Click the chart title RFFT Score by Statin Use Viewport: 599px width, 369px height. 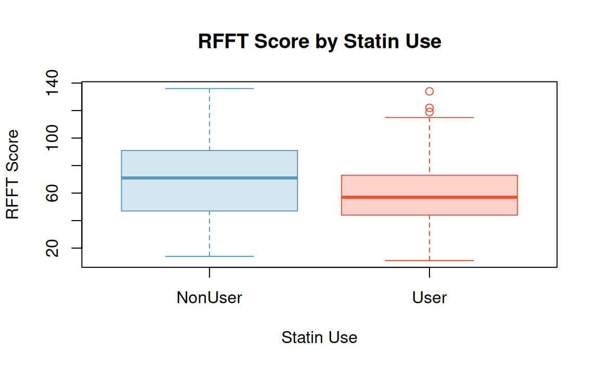coord(319,41)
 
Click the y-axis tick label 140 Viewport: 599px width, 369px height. coord(52,83)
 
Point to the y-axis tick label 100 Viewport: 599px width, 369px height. coord(52,138)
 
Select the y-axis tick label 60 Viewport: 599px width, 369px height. coord(52,193)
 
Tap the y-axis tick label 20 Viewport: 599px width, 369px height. coord(52,248)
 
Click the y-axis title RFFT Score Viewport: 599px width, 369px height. coord(12,174)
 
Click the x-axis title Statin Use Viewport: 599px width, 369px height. coord(319,337)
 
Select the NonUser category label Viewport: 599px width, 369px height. coord(210,298)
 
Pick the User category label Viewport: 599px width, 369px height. coord(429,298)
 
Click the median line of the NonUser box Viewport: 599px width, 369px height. coord(210,178)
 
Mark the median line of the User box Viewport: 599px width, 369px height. coord(429,197)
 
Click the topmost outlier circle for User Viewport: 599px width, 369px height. coord(429,91)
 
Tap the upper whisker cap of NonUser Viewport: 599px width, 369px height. coord(210,88)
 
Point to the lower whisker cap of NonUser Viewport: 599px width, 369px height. coord(210,256)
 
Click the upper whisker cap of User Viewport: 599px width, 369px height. coord(429,117)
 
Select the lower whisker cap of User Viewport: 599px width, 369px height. coord(429,261)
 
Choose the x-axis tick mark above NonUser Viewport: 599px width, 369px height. coord(210,272)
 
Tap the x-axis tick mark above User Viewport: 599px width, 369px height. coord(429,272)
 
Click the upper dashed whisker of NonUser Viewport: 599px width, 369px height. coord(210,119)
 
